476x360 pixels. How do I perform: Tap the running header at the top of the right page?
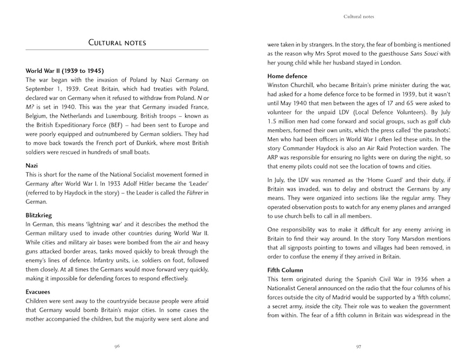coord(358,16)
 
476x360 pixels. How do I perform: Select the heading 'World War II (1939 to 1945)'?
coord(67,70)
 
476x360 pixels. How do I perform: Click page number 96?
coord(117,346)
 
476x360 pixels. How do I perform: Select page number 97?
coord(358,346)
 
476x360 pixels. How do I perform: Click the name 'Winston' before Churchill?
coord(281,86)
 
